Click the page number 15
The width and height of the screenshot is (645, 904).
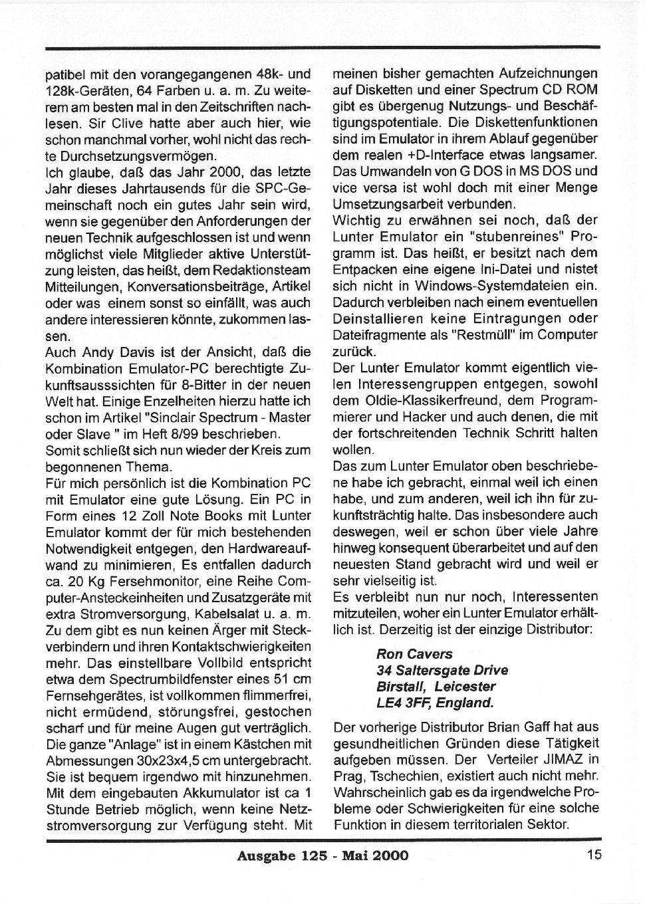[594, 855]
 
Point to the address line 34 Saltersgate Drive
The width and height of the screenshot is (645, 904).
[442, 670]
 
